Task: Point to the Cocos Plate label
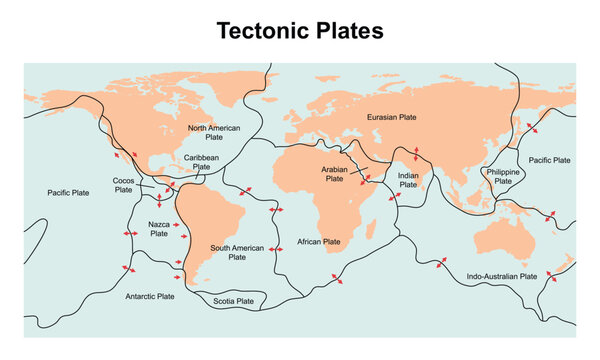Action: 123,185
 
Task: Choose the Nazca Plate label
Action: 158,229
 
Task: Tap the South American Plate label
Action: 236,251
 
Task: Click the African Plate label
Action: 319,242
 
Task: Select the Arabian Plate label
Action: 340,175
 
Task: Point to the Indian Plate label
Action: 408,180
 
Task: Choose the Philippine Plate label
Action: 502,176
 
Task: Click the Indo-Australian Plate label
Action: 502,276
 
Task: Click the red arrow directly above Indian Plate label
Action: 417,155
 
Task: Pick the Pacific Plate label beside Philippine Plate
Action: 549,160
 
